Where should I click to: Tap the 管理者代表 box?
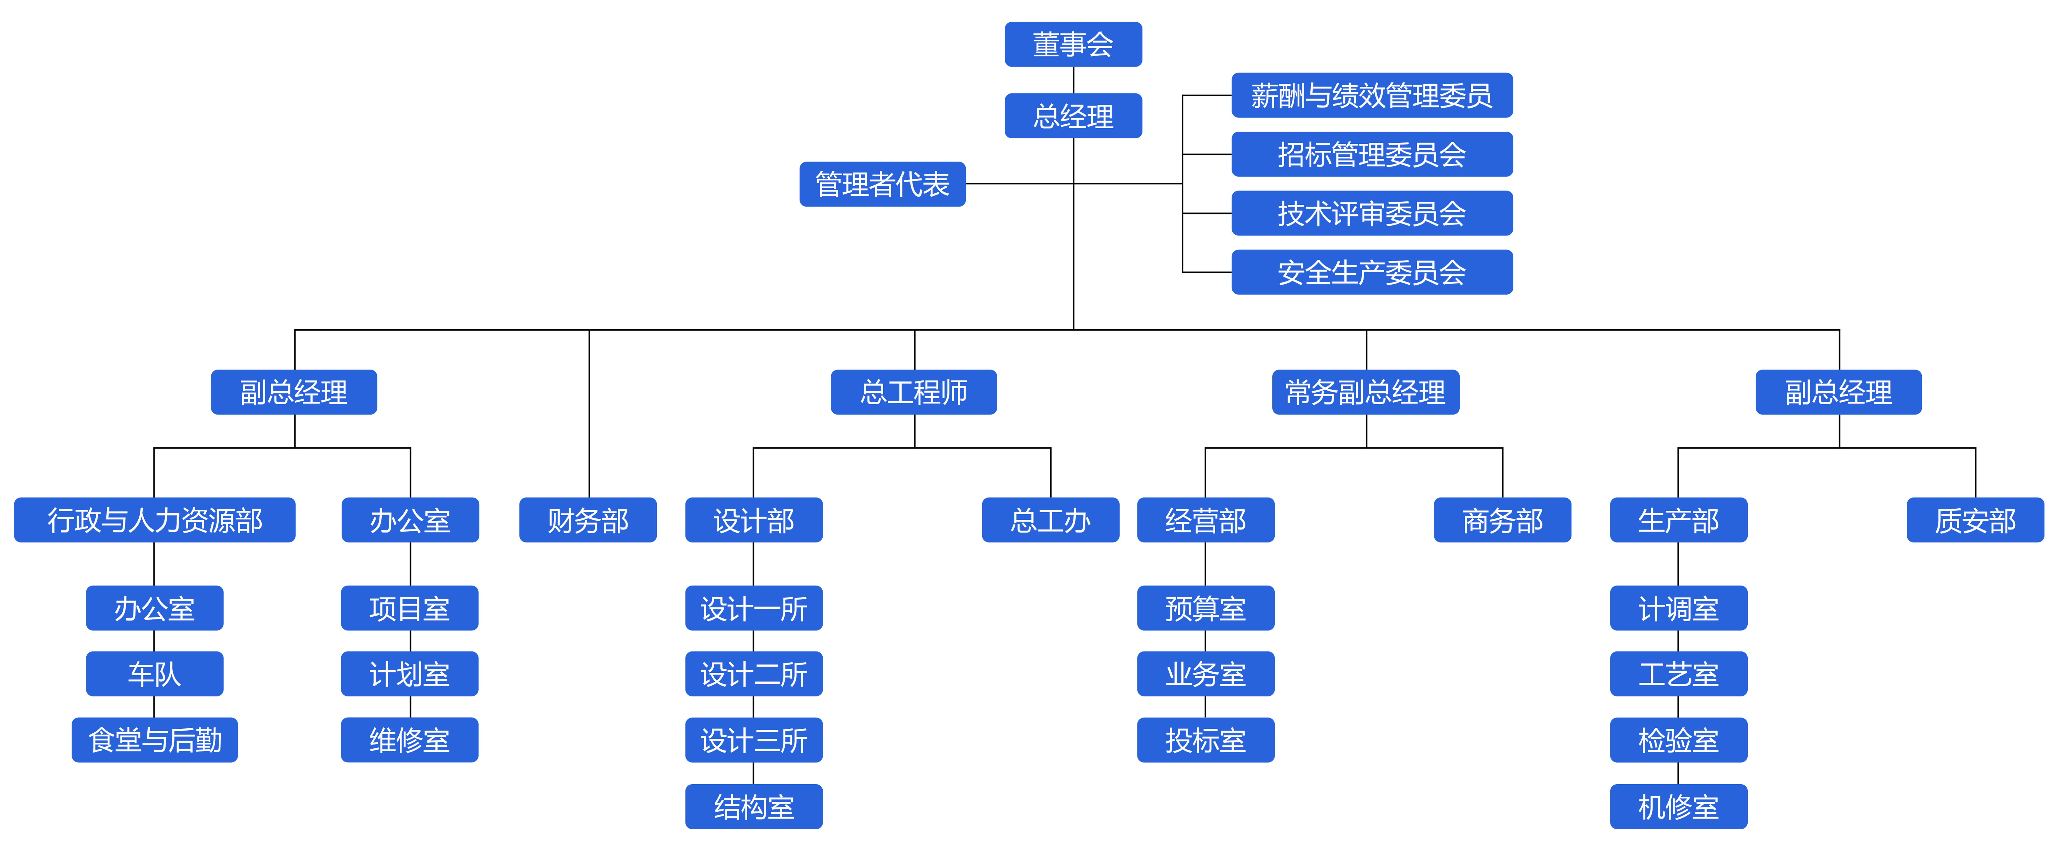coord(882,184)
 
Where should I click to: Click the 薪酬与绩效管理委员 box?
coord(1372,95)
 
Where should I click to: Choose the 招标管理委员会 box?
coord(1372,154)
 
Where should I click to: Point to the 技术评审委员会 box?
coord(1372,213)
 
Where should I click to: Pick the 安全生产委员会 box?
coord(1372,272)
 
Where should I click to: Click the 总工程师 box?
coord(913,392)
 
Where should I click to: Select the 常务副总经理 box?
coord(1365,392)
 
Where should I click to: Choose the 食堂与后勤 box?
coord(155,740)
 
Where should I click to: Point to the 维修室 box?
coord(410,740)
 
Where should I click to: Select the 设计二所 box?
coord(754,674)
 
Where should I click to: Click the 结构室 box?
coord(754,806)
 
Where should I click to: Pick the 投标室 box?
coord(1206,740)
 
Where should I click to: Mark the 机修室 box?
coord(1679,806)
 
